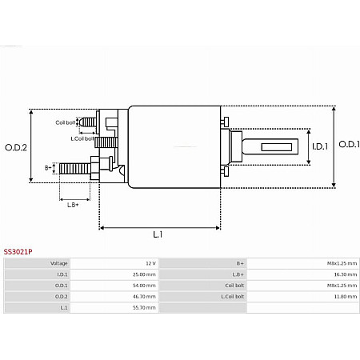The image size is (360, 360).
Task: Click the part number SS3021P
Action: click(x=18, y=251)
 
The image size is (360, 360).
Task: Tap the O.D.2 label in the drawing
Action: click(x=16, y=146)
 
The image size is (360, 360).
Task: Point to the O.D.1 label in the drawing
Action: click(x=348, y=145)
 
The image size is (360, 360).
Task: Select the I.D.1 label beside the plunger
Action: click(x=319, y=146)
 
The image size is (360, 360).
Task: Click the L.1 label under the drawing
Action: click(x=158, y=234)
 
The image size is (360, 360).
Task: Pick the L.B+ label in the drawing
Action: click(x=73, y=205)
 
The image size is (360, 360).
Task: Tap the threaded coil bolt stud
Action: click(x=87, y=122)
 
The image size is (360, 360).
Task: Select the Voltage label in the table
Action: click(x=60, y=263)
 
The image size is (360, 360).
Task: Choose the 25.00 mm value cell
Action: click(x=144, y=274)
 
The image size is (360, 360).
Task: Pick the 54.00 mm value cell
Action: click(x=144, y=285)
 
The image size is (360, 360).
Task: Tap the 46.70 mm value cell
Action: click(x=144, y=296)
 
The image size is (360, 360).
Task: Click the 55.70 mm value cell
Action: click(x=144, y=307)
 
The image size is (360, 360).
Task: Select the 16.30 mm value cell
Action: click(x=346, y=274)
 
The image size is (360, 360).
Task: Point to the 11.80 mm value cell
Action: click(x=346, y=296)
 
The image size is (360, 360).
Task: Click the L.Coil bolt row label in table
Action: click(x=233, y=296)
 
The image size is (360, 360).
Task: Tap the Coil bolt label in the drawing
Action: click(x=65, y=122)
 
